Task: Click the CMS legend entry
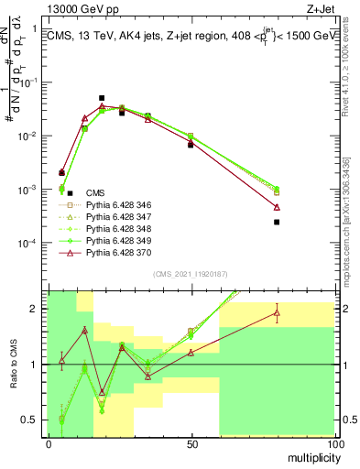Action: [95, 192]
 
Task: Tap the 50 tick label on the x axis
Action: [192, 444]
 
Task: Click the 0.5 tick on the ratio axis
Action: [34, 420]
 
